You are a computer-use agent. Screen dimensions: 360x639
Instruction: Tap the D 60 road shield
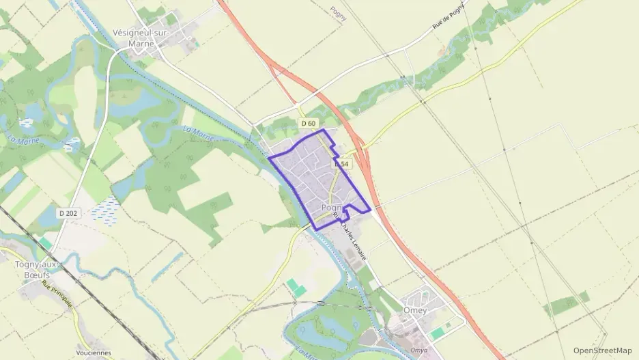pos(308,124)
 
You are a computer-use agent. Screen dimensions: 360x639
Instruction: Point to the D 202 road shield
pos(68,213)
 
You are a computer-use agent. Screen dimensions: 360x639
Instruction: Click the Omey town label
pos(415,311)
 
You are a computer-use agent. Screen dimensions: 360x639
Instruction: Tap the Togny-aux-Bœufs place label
pos(38,268)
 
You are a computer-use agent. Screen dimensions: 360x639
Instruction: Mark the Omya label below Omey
pos(418,350)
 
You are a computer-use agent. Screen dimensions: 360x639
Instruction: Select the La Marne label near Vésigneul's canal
pos(199,133)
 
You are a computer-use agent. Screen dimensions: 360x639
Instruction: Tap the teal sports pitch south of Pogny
pos(296,287)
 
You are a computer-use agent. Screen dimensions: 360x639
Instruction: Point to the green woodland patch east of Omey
pos(567,303)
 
